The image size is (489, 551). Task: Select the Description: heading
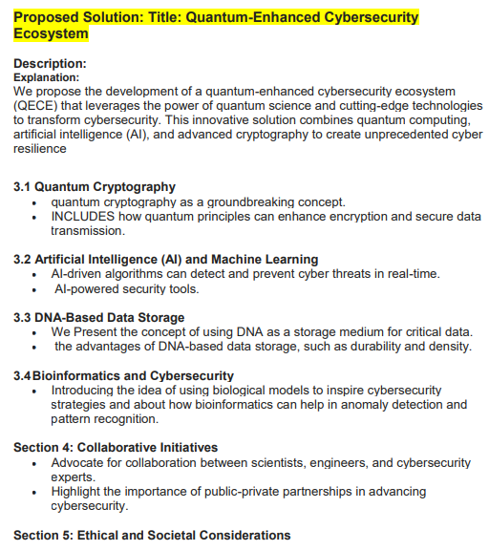(50, 63)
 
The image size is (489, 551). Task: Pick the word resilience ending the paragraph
(40, 149)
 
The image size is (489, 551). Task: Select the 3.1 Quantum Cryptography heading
(95, 187)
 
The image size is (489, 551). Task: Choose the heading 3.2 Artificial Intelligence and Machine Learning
(165, 260)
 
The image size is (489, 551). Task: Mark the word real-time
(411, 274)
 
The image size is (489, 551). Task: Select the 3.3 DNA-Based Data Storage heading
(98, 317)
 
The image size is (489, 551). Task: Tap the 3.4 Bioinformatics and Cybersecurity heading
(123, 375)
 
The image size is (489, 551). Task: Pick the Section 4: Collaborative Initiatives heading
(116, 447)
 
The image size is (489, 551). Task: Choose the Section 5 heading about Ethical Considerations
(152, 535)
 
